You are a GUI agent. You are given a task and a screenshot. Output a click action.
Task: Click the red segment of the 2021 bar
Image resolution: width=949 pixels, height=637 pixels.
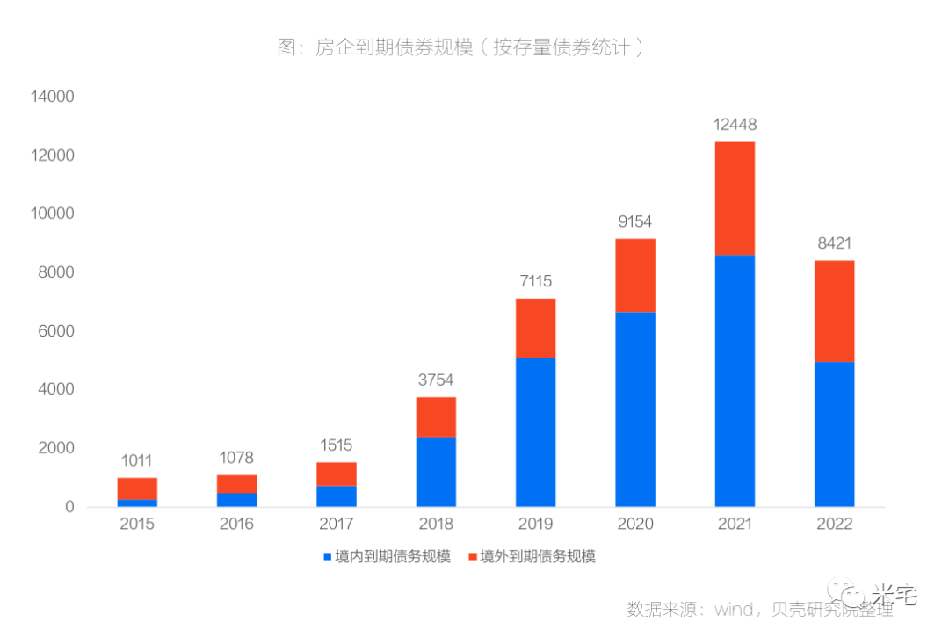pyautogui.click(x=735, y=199)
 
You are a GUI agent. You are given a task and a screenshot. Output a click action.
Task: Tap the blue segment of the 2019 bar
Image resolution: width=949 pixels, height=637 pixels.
pyautogui.click(x=535, y=432)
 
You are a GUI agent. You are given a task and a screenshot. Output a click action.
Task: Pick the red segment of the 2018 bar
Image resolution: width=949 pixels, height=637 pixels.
pyautogui.click(x=436, y=417)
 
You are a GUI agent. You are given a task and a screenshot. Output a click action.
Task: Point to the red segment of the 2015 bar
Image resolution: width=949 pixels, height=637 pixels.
pyautogui.click(x=137, y=489)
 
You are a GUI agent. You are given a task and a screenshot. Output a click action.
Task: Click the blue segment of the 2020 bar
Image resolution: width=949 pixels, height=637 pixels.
pyautogui.click(x=635, y=409)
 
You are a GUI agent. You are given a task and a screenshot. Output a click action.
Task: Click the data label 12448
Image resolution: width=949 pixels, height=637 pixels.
pyautogui.click(x=735, y=125)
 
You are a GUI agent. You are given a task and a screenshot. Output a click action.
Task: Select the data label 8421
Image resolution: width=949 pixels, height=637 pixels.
pyautogui.click(x=834, y=243)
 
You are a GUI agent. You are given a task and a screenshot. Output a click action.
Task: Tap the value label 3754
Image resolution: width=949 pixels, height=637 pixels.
pyautogui.click(x=436, y=380)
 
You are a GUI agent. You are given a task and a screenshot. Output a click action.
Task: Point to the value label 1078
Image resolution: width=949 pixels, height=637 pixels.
pyautogui.click(x=236, y=458)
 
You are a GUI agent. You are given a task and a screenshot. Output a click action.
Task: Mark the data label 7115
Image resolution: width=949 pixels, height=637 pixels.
pyautogui.click(x=535, y=281)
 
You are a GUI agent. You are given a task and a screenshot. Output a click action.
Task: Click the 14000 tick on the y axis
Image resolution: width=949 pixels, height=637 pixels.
pyautogui.click(x=53, y=97)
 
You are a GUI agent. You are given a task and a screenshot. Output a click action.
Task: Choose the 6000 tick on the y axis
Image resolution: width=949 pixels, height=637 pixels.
pyautogui.click(x=57, y=331)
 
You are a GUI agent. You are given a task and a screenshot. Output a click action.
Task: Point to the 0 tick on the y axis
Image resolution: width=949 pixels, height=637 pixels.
pyautogui.click(x=69, y=507)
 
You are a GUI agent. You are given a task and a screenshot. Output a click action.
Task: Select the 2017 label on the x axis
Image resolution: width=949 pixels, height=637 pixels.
pyautogui.click(x=336, y=524)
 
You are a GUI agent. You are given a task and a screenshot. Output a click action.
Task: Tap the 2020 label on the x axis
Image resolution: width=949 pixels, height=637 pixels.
pyautogui.click(x=635, y=524)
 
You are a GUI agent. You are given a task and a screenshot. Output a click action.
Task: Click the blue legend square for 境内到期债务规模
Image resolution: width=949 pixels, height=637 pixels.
pyautogui.click(x=328, y=557)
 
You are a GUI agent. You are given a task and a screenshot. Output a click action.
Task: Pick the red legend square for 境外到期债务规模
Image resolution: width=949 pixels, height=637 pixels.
pyautogui.click(x=473, y=557)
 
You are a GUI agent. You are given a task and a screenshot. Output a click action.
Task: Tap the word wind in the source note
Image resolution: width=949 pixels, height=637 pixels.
pyautogui.click(x=736, y=609)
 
